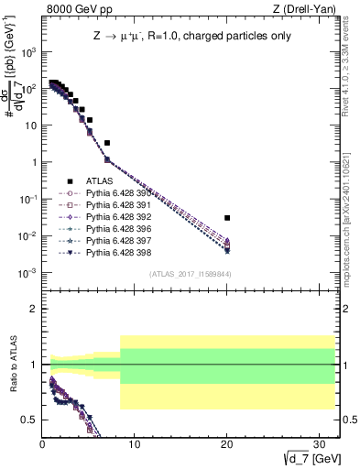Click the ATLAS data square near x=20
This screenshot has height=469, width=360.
[x=227, y=218]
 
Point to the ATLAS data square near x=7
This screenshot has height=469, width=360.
[x=107, y=143]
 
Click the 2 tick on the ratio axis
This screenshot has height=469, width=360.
[x=34, y=309]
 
